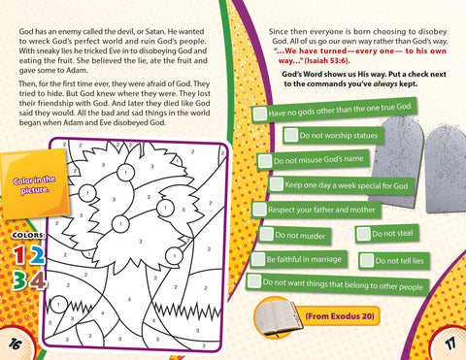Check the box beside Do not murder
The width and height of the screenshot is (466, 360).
(x=267, y=233)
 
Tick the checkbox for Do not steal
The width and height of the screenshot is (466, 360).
(x=363, y=234)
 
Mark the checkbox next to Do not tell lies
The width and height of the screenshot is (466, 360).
(x=367, y=260)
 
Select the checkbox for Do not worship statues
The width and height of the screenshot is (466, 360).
(x=291, y=135)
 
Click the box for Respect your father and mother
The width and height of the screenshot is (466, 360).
(x=259, y=209)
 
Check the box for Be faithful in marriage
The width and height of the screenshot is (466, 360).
(x=258, y=259)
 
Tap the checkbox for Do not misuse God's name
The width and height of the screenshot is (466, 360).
(x=265, y=161)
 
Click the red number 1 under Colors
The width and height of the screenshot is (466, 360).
(x=19, y=254)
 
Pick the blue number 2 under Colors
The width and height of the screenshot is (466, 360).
(x=37, y=254)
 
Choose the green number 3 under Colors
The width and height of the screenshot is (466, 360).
(x=19, y=279)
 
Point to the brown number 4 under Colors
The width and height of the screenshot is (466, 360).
(x=38, y=280)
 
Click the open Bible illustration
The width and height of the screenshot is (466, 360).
(x=280, y=317)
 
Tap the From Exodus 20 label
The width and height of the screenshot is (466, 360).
(x=340, y=315)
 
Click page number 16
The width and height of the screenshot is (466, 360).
(x=15, y=344)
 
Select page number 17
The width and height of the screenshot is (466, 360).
(x=450, y=343)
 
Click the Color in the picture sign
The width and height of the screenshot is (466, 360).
(x=34, y=185)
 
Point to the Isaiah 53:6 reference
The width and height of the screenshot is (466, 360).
(x=327, y=60)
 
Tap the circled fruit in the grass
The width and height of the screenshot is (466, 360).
(x=59, y=305)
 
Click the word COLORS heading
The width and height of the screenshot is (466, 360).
(x=28, y=235)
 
